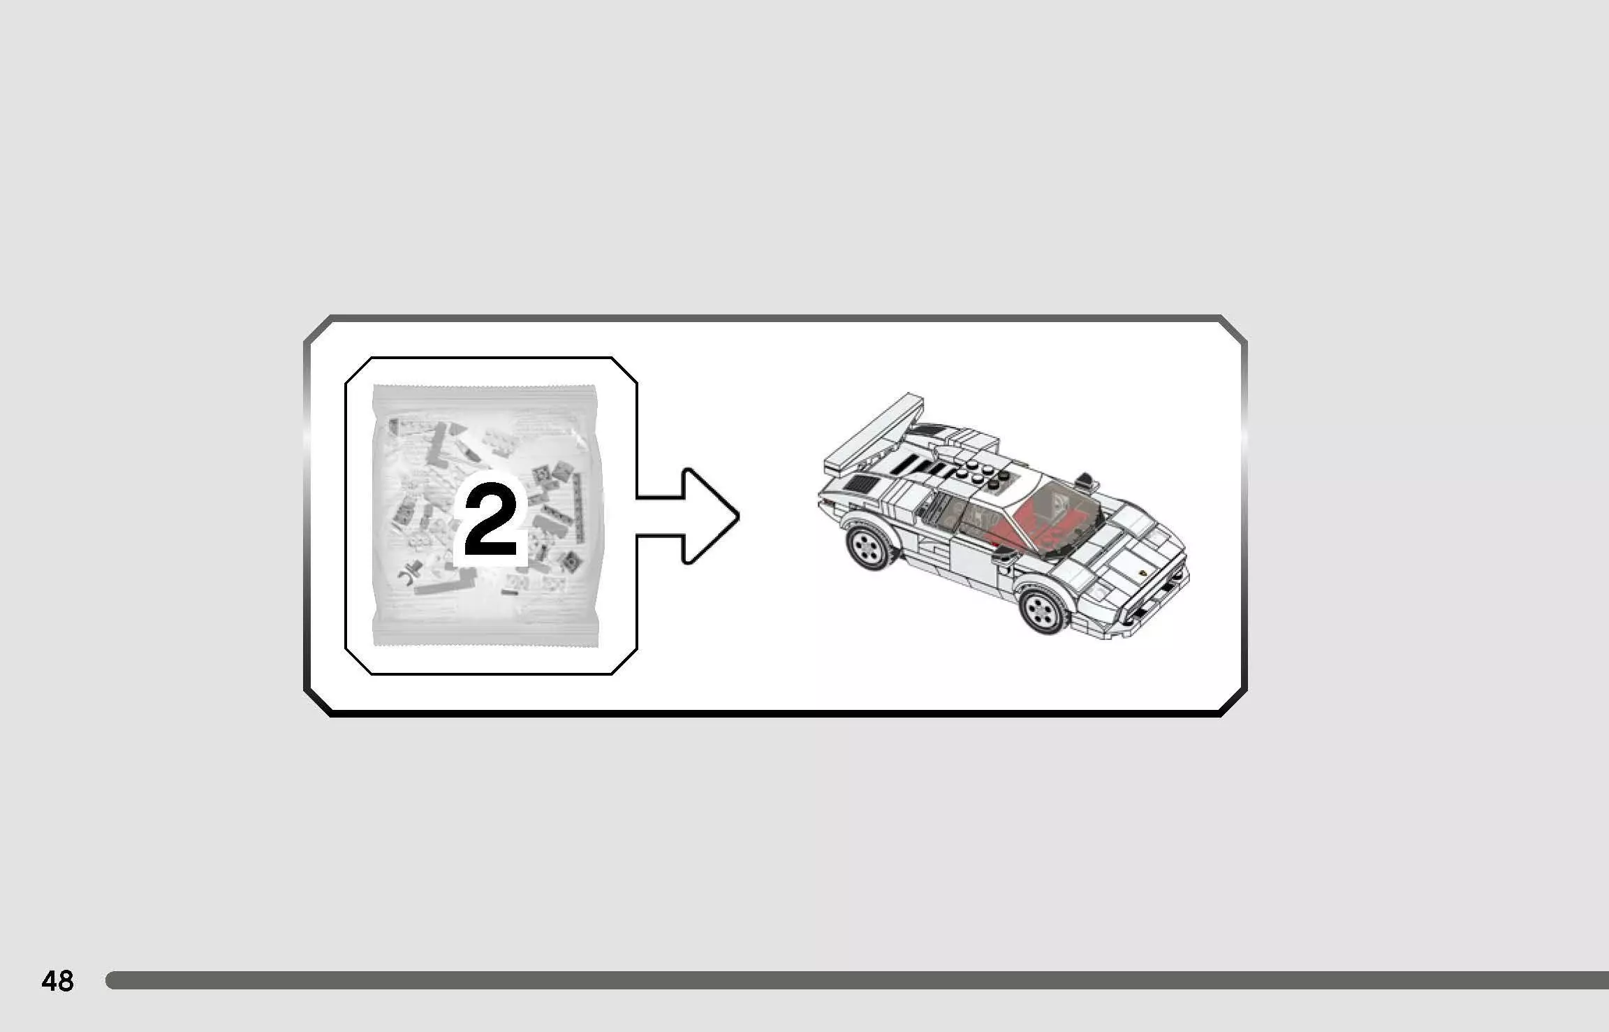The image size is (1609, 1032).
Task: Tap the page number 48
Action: [x=57, y=981]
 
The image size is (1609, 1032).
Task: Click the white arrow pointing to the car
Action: [x=688, y=516]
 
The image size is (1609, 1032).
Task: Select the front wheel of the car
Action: [x=1043, y=611]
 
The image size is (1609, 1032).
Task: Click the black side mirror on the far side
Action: [x=1085, y=480]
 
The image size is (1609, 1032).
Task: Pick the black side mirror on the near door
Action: [x=1004, y=555]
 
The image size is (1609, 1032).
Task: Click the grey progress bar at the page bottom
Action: [x=857, y=980]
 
